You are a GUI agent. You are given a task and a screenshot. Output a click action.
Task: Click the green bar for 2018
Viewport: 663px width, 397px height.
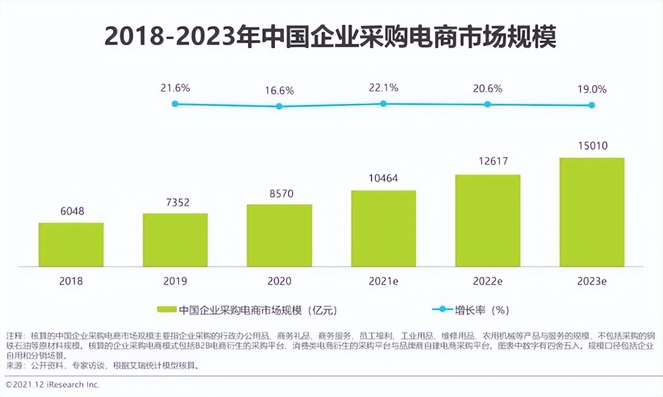[x=71, y=245]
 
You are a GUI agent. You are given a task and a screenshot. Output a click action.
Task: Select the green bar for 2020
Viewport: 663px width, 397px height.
[x=279, y=235]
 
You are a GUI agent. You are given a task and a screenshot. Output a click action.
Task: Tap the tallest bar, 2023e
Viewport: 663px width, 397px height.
[x=592, y=212]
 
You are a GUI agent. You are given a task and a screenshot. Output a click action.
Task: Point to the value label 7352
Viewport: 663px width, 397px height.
[x=175, y=202]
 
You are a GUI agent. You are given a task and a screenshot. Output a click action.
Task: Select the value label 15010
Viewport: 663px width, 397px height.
[x=592, y=146]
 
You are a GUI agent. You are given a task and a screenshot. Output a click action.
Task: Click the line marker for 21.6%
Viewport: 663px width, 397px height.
[x=175, y=104]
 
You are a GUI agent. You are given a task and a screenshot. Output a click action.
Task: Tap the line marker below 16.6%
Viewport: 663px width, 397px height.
[x=279, y=106]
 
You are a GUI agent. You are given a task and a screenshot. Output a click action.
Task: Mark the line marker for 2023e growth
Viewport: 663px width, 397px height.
[x=592, y=105]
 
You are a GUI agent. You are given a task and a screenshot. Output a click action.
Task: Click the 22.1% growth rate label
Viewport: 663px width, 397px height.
[x=383, y=88]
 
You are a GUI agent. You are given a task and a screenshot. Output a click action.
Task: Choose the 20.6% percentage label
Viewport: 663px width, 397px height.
[x=487, y=89]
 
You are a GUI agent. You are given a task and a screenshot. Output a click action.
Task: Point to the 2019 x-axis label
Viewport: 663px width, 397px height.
[x=175, y=281]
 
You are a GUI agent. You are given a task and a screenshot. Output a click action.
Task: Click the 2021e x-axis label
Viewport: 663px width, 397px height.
[x=383, y=281]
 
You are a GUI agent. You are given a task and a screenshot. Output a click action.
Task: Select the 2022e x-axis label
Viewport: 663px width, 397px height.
[x=487, y=281]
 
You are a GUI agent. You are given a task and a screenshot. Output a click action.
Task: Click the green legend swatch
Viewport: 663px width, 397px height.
[x=167, y=310]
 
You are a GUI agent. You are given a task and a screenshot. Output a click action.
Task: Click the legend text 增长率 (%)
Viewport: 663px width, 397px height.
[x=482, y=310]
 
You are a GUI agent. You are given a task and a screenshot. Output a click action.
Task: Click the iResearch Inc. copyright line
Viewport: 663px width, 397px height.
[x=52, y=385]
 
